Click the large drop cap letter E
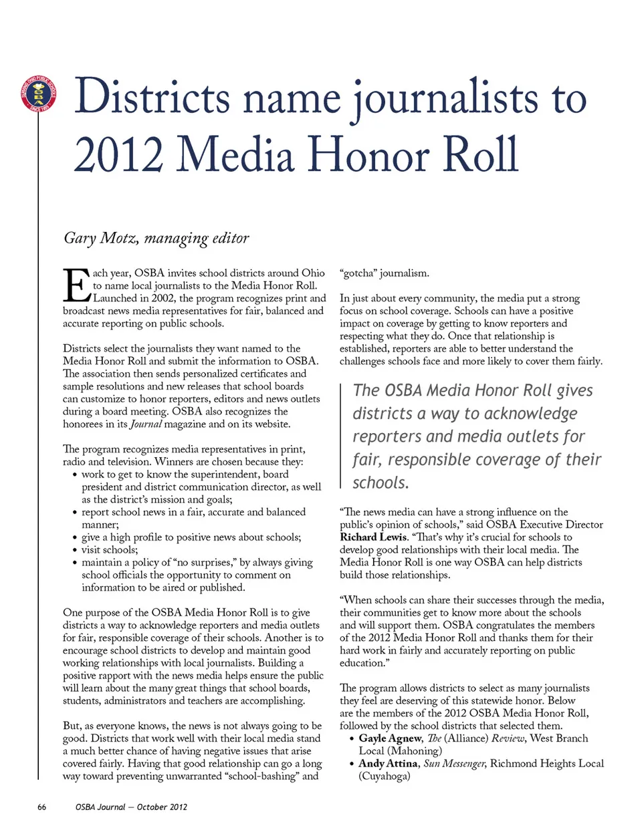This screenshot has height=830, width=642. click(76, 285)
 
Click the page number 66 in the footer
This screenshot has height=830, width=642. click(41, 807)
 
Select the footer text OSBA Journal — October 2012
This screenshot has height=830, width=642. click(131, 807)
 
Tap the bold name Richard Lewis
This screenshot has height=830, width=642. click(373, 537)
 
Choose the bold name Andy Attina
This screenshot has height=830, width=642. click(388, 764)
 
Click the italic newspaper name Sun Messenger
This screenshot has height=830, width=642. click(453, 764)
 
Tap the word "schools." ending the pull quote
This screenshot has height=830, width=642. click(381, 483)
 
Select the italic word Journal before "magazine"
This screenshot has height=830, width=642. click(146, 424)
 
